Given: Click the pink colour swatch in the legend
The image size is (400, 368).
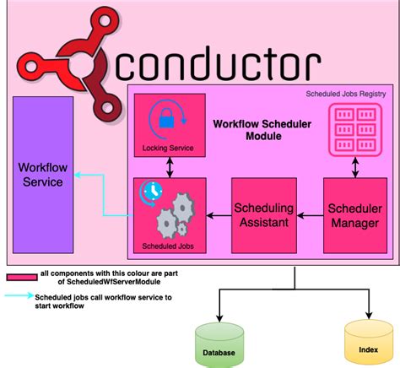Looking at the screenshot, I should (20, 277).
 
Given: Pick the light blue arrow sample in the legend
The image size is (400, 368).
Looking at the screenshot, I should (19, 297).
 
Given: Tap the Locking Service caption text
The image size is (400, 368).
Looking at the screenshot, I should (169, 149).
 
